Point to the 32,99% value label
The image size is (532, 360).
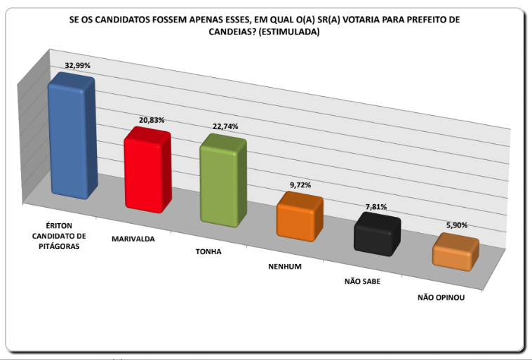[x=78, y=65]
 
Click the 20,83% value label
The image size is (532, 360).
[x=152, y=120]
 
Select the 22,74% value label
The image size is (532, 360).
[x=225, y=126]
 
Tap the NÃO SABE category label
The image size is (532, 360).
[x=363, y=281]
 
